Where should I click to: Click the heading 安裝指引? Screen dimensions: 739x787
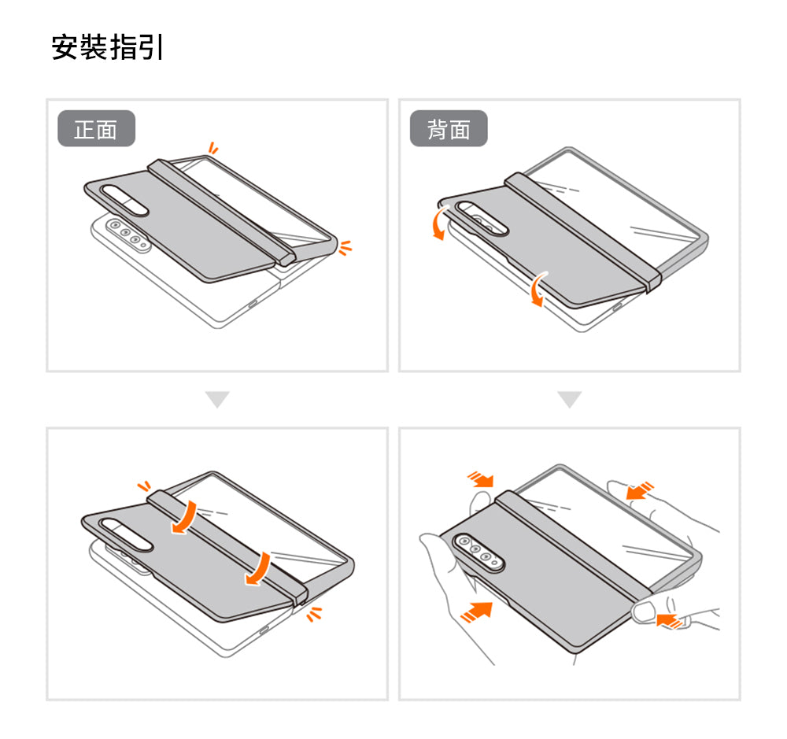[107, 46]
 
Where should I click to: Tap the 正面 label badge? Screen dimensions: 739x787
[96, 129]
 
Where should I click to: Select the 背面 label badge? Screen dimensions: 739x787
[449, 129]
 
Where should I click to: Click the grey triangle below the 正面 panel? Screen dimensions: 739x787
[217, 400]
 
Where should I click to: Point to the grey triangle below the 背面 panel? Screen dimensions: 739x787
[570, 400]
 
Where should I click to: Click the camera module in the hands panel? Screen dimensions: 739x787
[478, 551]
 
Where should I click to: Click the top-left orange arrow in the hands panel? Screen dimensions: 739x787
[479, 479]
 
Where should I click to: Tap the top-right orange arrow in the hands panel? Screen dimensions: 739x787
[640, 491]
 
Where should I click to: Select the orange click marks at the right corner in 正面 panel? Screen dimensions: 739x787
[344, 249]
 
